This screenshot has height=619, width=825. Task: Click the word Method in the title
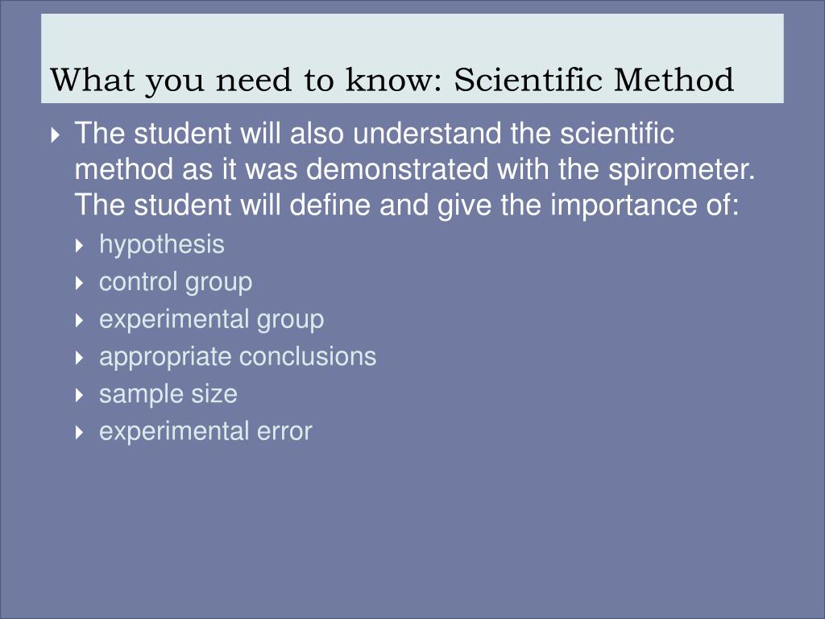(674, 80)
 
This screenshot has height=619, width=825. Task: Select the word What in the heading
(92, 80)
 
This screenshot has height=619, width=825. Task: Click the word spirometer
(682, 170)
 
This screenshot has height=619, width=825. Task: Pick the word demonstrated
(396, 169)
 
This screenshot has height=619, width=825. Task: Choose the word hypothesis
(161, 245)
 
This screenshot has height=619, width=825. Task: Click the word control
(138, 281)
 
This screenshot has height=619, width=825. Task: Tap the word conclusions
(308, 356)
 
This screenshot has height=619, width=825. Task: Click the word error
(284, 432)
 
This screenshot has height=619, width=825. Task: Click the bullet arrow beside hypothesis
(80, 245)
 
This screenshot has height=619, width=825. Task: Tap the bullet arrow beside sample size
(80, 395)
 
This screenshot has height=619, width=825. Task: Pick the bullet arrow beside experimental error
(80, 432)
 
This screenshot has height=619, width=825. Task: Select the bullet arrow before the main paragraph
(56, 135)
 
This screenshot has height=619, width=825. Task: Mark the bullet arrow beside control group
(80, 283)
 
